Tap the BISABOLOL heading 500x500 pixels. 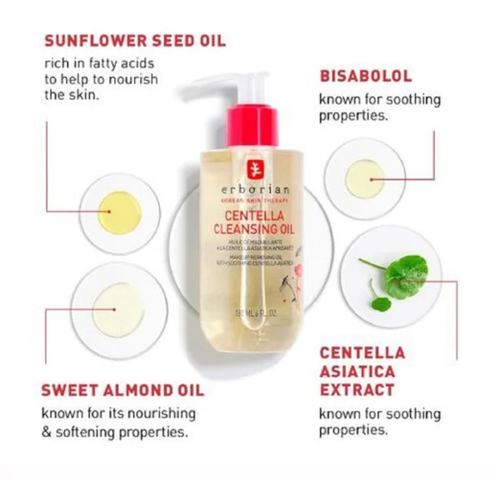click(x=366, y=76)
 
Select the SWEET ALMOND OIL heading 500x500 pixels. click(x=122, y=390)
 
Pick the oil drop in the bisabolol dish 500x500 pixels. click(x=365, y=178)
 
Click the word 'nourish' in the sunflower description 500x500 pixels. click(x=138, y=80)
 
